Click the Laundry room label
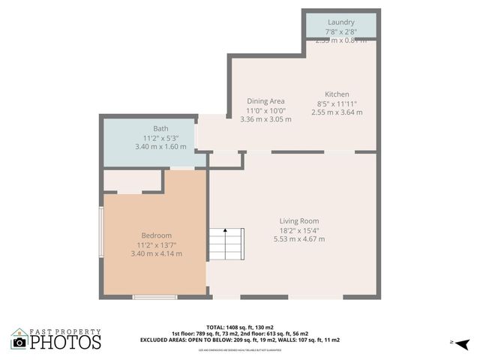pyautogui.click(x=340, y=22)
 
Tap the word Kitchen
pyautogui.click(x=337, y=94)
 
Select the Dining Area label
pyautogui.click(x=265, y=101)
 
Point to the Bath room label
pyautogui.click(x=160, y=128)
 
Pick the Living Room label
pyautogui.click(x=299, y=221)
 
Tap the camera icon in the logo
pyautogui.click(x=19, y=342)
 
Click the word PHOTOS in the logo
pyautogui.click(x=66, y=343)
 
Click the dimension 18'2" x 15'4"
pyautogui.click(x=299, y=230)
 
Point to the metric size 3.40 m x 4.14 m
pyautogui.click(x=156, y=253)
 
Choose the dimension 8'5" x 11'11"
pyautogui.click(x=337, y=103)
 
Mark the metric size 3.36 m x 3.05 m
pyautogui.click(x=265, y=118)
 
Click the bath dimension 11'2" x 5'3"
pyautogui.click(x=160, y=138)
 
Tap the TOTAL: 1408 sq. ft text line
pyautogui.click(x=240, y=327)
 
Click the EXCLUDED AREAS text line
pyautogui.click(x=240, y=340)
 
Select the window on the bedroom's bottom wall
pyautogui.click(x=154, y=298)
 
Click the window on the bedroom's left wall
pyautogui.click(x=101, y=232)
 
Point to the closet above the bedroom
pyautogui.click(x=132, y=181)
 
